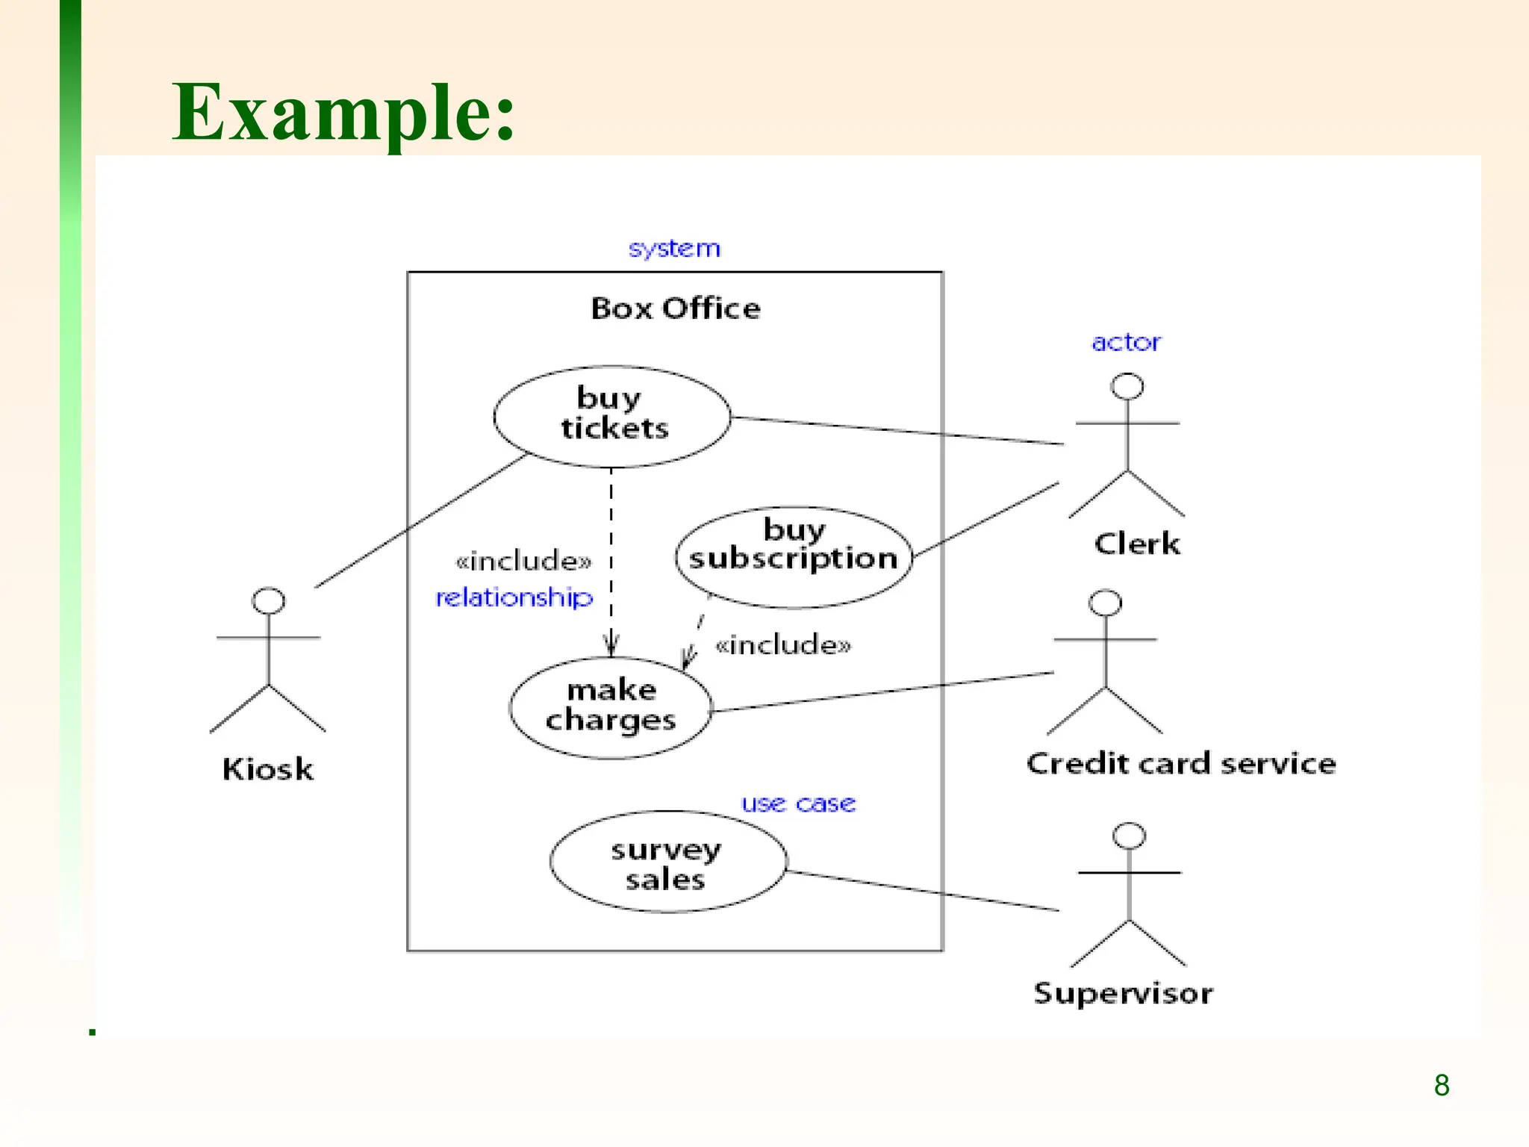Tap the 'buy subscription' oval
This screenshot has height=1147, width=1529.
[x=793, y=556]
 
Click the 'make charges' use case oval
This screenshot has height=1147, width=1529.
[x=611, y=706]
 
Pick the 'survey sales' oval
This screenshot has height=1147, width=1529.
[x=667, y=862]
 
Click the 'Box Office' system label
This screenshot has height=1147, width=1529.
[x=676, y=308]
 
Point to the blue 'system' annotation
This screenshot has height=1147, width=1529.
[x=674, y=248]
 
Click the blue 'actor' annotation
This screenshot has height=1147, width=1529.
[x=1126, y=343]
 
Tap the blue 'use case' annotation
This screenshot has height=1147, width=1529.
[x=798, y=804]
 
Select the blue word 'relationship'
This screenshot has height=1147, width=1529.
[x=514, y=597]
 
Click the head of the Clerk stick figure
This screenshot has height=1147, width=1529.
[x=1127, y=387]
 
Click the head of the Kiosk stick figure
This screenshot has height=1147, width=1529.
[x=268, y=601]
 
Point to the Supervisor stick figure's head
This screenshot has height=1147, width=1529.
[x=1129, y=836]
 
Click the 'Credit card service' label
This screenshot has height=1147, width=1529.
[x=1181, y=764]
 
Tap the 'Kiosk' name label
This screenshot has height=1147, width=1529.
[x=268, y=769]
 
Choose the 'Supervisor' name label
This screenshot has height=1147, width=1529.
[x=1123, y=994]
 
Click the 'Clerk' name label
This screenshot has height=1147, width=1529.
[x=1137, y=544]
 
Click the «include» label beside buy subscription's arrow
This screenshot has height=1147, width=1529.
[x=782, y=644]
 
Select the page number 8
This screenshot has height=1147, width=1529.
[x=1442, y=1085]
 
